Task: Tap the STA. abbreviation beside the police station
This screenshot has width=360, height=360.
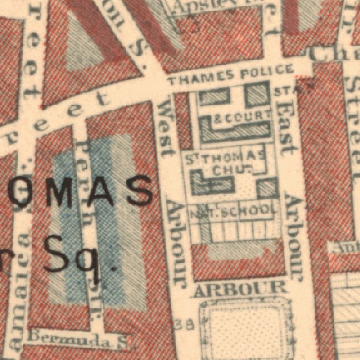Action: coord(282,91)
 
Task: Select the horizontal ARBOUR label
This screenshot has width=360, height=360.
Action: coord(239,289)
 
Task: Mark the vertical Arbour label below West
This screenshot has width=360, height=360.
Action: coord(176,245)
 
